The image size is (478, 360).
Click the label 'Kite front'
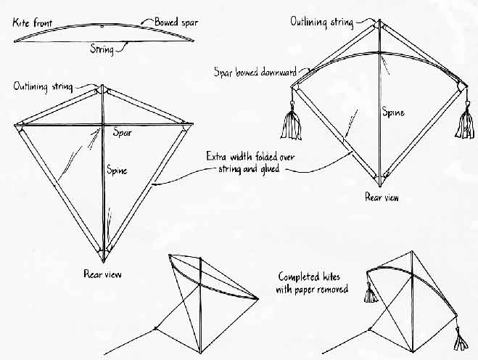coord(33,23)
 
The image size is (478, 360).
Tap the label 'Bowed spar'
coord(176,22)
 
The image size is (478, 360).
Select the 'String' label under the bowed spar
coord(102,49)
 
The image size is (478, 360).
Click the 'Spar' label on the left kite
coord(123,133)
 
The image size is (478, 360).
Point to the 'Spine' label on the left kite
coord(117,170)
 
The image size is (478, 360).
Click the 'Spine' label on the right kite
coord(394,112)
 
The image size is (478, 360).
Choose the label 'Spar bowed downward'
coord(255,72)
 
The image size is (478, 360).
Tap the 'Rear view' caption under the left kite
coord(102,274)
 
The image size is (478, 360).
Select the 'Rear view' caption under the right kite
coord(382,197)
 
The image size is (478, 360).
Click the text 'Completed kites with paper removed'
coord(312,283)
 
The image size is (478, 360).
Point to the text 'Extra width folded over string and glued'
coord(250,163)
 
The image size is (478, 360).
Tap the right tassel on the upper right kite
coord(465,121)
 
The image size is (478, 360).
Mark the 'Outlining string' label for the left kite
coord(43,86)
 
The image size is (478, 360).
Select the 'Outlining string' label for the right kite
coord(321,22)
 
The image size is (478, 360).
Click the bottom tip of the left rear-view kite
coord(103,262)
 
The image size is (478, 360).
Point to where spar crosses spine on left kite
coord(103,124)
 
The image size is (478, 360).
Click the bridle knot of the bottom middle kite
coord(155,328)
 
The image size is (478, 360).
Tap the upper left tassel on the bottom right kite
coord(371,294)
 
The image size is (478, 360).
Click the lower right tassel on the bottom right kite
coord(460,339)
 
